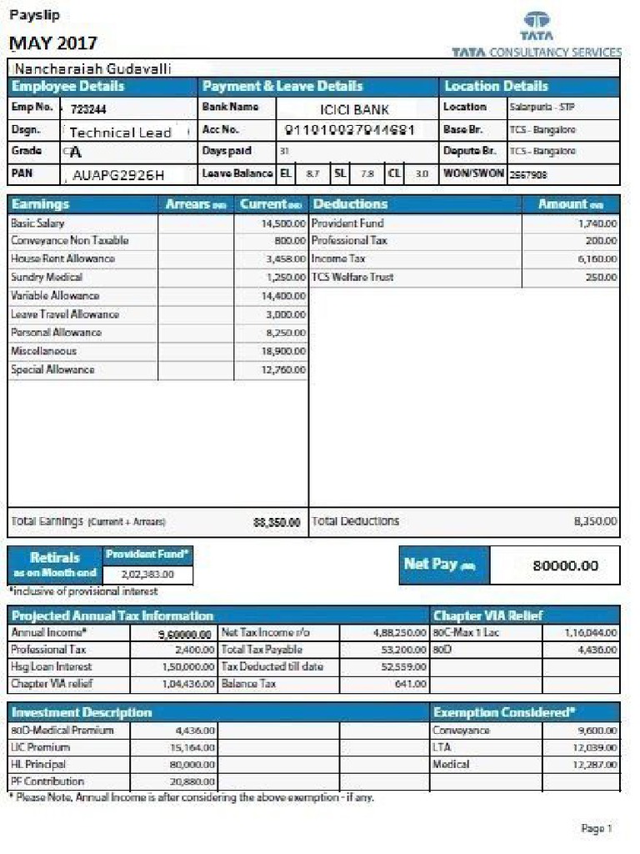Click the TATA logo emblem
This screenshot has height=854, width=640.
(536, 21)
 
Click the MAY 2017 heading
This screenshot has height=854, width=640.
(52, 43)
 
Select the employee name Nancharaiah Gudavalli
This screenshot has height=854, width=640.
(92, 68)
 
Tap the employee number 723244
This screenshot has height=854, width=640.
(88, 109)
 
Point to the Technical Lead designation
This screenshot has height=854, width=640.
(120, 132)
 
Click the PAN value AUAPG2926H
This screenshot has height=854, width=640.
(118, 175)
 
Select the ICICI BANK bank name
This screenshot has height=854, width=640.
(354, 109)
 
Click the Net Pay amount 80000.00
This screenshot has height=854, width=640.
(565, 565)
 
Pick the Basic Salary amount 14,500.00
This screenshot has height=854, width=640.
(282, 224)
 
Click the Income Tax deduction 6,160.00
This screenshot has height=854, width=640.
(595, 259)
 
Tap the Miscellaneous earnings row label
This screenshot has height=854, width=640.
(43, 351)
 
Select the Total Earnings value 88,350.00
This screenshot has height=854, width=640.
(276, 522)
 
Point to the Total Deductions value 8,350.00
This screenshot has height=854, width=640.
(595, 521)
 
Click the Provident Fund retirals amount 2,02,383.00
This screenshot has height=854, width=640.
(147, 575)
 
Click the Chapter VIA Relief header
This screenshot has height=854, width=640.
(488, 615)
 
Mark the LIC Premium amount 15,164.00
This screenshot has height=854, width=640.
(192, 747)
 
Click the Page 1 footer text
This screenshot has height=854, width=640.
(597, 828)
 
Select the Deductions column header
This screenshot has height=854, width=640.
(350, 203)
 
